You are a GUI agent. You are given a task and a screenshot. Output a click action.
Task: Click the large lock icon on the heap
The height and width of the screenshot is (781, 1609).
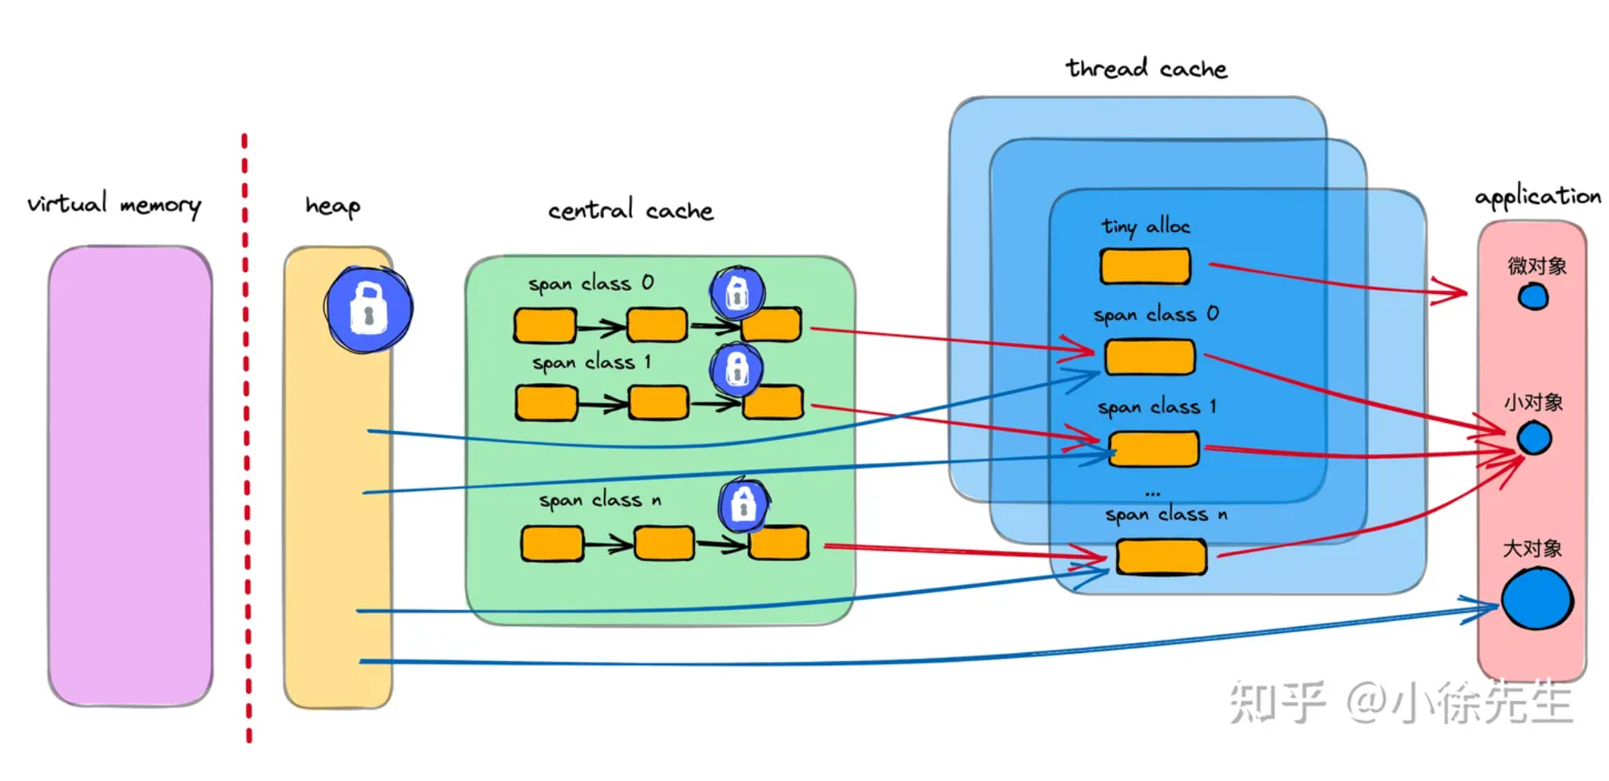coord(368,309)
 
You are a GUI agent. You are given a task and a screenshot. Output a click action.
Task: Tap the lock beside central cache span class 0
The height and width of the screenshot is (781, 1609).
coord(737,293)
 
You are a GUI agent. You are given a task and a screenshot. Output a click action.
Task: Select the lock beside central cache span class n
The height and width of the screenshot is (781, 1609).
coord(743,504)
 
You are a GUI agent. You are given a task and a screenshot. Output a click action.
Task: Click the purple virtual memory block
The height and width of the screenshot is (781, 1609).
coord(130,476)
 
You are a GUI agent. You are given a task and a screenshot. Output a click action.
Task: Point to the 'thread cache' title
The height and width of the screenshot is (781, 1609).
coord(1146,69)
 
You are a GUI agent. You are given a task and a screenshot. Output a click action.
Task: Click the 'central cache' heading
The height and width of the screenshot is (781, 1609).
coord(630,210)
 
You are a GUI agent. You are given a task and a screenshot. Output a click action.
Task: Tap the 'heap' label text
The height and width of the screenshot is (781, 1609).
coord(332,206)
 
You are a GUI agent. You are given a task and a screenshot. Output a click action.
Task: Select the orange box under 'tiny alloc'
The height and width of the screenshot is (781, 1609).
coord(1145,266)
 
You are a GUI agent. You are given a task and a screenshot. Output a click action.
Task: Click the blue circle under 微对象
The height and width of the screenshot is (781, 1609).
coord(1532,297)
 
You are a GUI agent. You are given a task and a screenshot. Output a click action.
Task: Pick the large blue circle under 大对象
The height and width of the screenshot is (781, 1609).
coord(1536,599)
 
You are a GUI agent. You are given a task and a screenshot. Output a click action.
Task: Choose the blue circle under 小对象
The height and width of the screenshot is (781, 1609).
coord(1534,438)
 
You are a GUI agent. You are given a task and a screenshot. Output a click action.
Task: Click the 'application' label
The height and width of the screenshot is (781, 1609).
coord(1537,197)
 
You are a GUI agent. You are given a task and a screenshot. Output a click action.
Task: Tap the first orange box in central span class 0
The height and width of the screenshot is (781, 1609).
coord(545,325)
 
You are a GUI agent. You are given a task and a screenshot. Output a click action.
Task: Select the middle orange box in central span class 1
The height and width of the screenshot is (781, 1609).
coord(658,402)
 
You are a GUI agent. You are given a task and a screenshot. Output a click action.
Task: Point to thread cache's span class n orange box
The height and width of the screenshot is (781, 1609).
coord(1161,556)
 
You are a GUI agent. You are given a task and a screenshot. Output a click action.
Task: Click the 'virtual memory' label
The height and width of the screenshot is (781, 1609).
coord(113,204)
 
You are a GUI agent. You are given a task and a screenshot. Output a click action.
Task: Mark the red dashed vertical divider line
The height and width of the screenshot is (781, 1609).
coord(246,440)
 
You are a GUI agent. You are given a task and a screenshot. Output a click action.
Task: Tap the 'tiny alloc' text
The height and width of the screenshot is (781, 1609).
coord(1146,227)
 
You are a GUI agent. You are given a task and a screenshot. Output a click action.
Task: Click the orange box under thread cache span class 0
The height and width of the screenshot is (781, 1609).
coord(1150,357)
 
